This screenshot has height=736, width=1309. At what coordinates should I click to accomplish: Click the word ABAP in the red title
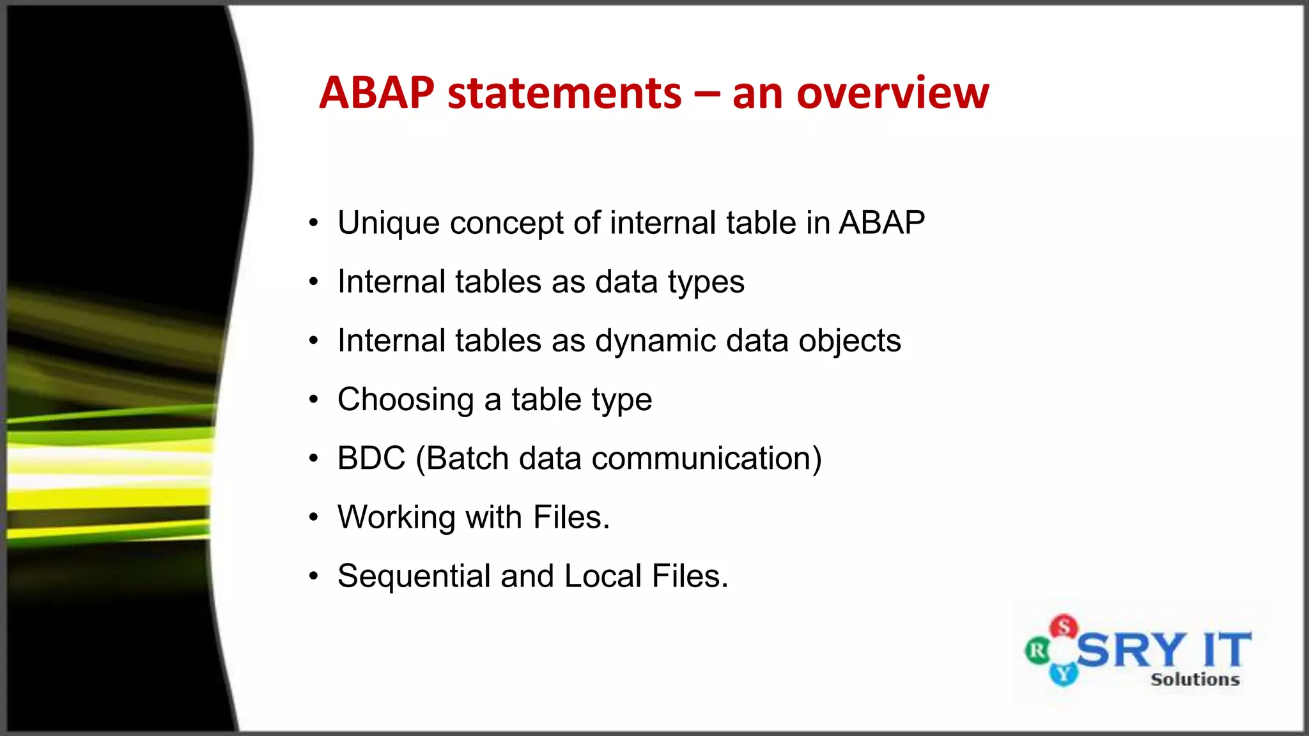coord(377,93)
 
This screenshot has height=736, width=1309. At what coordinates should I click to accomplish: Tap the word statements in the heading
coord(565,93)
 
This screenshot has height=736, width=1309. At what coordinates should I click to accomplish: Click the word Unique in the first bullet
coord(389,223)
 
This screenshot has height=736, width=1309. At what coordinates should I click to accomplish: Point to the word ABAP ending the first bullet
coord(881,223)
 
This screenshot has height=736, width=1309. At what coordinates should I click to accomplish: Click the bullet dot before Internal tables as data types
coord(313,282)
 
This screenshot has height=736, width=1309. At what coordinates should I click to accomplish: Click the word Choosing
coord(405,400)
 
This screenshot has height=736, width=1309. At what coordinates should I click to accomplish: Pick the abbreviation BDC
coord(371,459)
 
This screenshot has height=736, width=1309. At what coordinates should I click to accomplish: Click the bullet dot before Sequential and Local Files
coord(313,576)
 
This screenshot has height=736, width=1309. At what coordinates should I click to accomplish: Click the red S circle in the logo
coord(1064,626)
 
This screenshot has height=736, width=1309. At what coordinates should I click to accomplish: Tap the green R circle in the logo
coord(1037,651)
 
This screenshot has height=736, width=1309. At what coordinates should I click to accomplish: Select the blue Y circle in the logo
coord(1064,673)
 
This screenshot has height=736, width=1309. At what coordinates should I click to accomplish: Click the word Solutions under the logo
coord(1195,679)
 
